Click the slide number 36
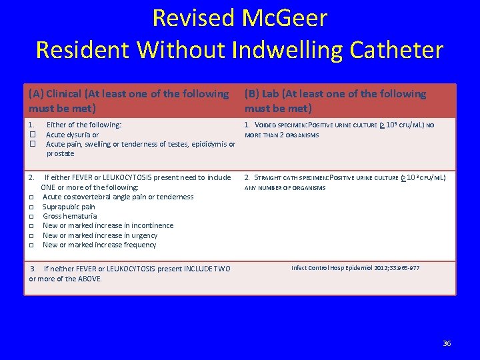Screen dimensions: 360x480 (447, 343)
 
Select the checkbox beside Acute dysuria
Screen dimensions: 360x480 (32, 135)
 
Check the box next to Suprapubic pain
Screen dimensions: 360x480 (32, 207)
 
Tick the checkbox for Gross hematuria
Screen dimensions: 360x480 (32, 216)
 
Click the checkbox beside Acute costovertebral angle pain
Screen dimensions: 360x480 (32, 197)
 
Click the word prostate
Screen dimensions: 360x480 (60, 153)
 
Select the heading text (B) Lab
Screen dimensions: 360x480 (267, 94)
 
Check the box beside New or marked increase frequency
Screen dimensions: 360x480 (32, 245)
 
